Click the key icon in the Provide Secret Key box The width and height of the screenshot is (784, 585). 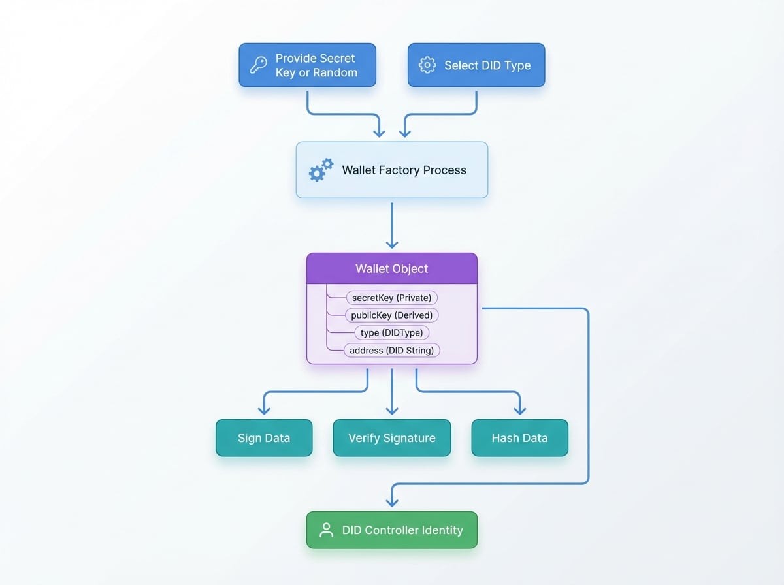tap(258, 65)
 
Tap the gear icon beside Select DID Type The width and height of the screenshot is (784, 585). tap(427, 65)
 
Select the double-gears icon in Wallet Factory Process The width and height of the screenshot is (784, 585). tap(321, 170)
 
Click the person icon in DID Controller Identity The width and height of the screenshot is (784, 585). tap(326, 530)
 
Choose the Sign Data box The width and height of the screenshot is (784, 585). tap(264, 437)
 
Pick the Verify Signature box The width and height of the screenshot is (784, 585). tap(391, 437)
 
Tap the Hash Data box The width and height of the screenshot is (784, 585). tap(519, 437)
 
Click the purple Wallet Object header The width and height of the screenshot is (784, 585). tap(392, 268)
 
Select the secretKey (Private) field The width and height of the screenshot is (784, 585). tap(391, 298)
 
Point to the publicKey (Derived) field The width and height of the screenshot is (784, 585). tap(391, 315)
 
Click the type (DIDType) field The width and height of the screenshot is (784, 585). tap(391, 333)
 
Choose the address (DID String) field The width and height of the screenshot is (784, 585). tap(392, 351)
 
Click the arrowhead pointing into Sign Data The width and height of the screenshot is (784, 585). tap(264, 409)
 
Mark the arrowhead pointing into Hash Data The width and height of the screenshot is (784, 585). tap(520, 409)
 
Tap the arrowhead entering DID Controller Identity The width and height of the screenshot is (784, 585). tap(392, 502)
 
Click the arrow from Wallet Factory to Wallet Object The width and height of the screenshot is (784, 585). tap(392, 225)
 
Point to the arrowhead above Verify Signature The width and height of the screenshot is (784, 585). tap(392, 409)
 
